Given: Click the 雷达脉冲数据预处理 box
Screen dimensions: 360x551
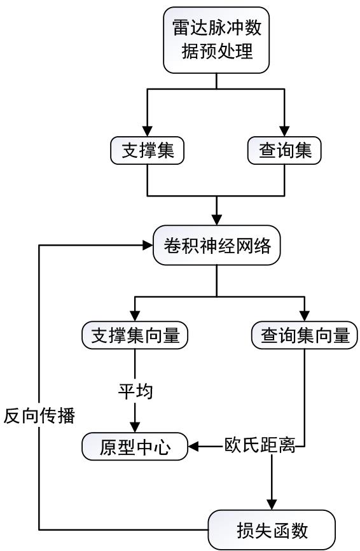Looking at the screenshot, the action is pos(216,40).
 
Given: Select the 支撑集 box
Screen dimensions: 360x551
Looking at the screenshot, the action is pos(147,150).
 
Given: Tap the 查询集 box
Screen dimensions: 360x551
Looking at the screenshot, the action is pos(284,150).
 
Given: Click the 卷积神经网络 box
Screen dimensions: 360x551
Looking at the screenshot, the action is pos(217,246).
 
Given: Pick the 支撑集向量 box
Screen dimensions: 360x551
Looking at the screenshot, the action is pos(135,335).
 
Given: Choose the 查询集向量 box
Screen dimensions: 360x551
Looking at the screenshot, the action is pos(305,335).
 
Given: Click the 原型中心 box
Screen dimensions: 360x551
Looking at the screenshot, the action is pos(135,447).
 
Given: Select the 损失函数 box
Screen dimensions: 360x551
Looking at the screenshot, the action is pos(272,530).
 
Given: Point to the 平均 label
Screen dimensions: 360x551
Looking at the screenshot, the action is pos(135,391).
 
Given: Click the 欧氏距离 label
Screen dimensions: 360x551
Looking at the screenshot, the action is pos(260,445).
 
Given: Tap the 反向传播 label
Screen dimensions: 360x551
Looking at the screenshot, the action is pos(39,415).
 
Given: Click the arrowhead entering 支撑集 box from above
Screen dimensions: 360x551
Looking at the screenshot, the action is pos(147,131).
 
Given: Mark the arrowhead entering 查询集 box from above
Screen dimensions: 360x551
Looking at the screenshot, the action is pos(284,131).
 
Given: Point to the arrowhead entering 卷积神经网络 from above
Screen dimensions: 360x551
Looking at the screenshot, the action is pos(217,220).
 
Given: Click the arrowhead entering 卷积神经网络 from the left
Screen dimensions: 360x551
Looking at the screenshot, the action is pos(148,246).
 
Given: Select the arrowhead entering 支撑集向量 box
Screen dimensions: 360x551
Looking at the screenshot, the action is pos(135,316).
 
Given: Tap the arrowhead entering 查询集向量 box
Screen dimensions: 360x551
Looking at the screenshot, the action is pos(305,316).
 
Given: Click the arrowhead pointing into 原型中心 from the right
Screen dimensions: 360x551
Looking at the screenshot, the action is pos(193,447).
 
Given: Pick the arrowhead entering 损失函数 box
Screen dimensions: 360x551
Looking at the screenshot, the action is pos(272,505).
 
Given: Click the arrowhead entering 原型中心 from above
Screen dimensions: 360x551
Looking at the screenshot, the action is pos(135,428).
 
